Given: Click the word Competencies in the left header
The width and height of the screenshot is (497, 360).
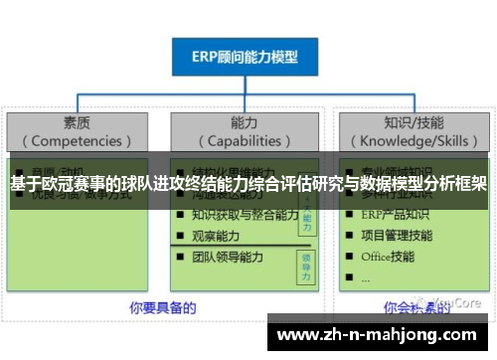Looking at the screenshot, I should (78, 141).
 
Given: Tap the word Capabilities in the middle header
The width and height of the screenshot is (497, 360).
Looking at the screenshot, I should (247, 141).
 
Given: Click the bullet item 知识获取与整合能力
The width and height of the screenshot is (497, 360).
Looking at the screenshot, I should (245, 215).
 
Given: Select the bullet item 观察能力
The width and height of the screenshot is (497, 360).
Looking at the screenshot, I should (221, 236).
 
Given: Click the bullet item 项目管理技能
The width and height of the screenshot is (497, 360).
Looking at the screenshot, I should (398, 236).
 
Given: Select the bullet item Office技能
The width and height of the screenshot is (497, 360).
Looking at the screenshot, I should (389, 257).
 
